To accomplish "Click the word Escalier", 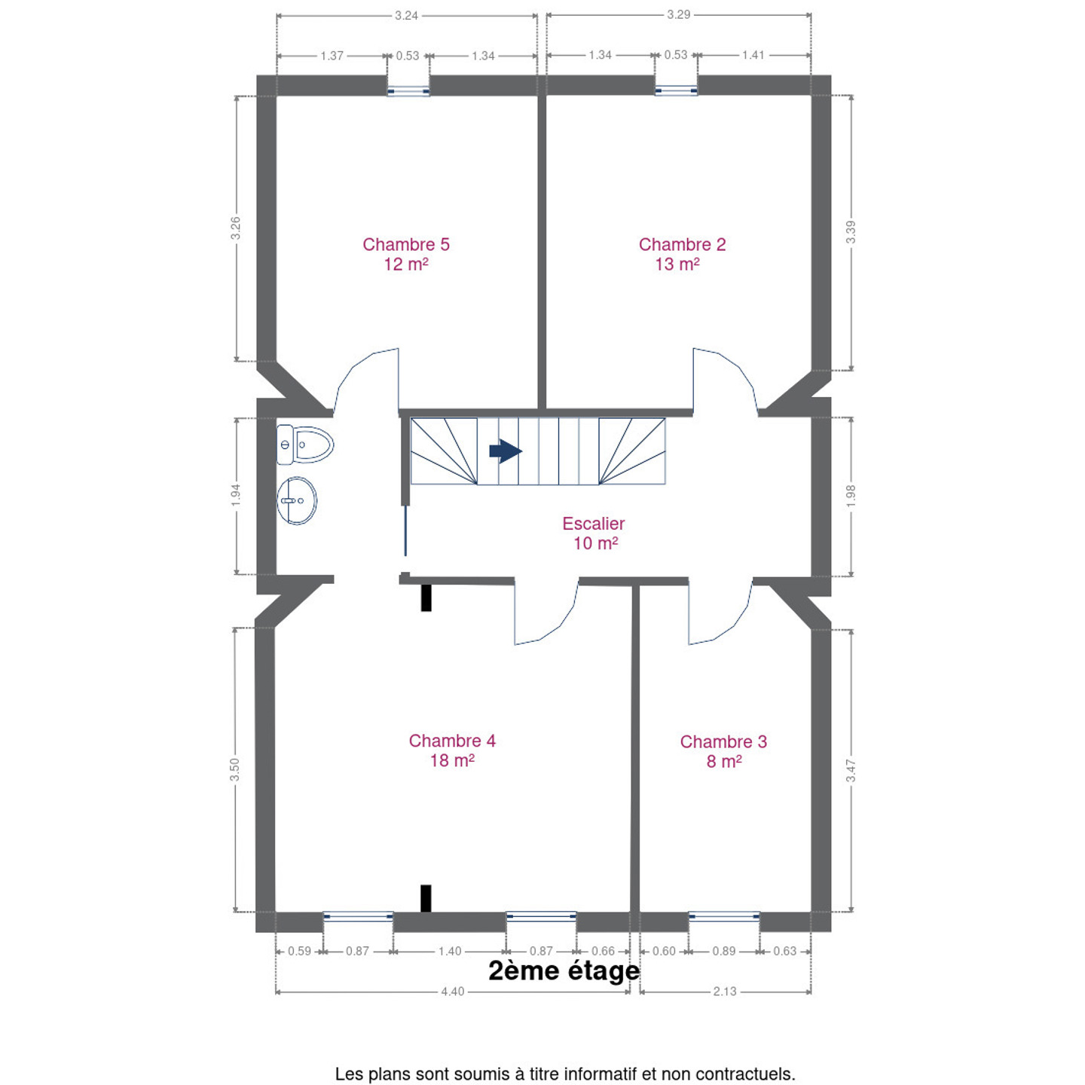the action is click(594, 524).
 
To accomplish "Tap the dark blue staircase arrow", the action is click(506, 451).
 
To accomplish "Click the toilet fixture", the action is click(305, 445).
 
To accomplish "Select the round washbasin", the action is click(297, 500).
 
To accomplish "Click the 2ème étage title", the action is click(564, 970).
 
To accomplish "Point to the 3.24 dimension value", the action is click(406, 16).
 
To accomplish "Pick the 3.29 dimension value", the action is click(678, 14).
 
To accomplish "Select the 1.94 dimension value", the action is click(236, 495).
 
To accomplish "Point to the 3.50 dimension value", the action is click(235, 770).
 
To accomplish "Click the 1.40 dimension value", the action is click(450, 951).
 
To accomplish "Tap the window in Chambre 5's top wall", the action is click(408, 91).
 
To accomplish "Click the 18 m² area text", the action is click(452, 761).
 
